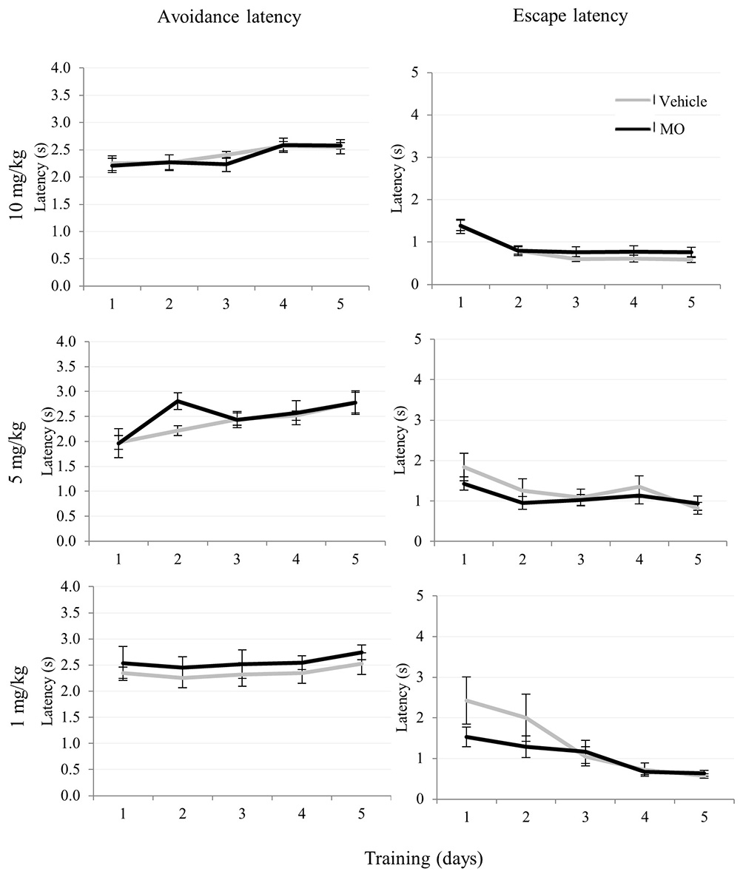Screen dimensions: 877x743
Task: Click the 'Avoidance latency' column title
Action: coord(229,18)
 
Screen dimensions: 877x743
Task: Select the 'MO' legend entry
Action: coord(673,129)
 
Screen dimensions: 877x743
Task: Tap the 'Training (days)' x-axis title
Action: coord(423,859)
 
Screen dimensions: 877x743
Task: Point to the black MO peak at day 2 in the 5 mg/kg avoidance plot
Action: coord(178,401)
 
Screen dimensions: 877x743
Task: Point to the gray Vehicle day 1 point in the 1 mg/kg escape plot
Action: coord(466,700)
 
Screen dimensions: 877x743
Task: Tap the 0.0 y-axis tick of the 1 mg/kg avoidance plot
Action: coord(67,796)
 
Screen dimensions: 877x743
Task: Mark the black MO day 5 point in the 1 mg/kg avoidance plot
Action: coord(360,652)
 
